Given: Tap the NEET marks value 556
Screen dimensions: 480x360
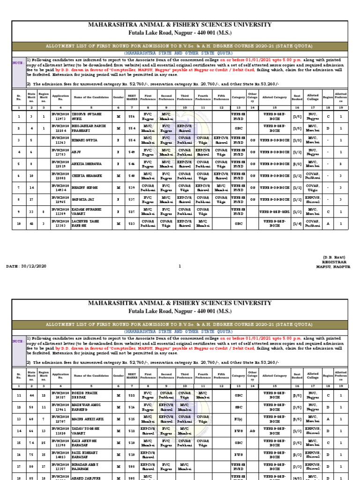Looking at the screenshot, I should click(132, 116).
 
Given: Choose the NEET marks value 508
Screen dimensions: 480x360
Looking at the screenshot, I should click(132, 466).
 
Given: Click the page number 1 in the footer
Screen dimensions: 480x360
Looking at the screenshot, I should click(180, 266).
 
